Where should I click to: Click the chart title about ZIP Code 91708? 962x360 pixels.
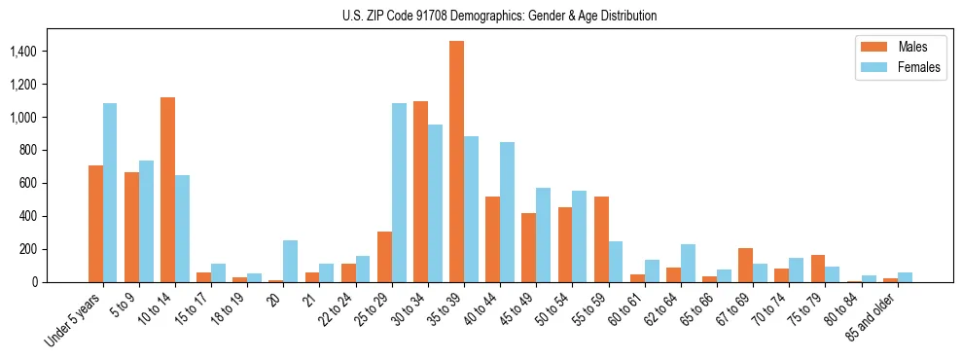point(500,16)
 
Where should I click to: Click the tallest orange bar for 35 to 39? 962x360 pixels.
point(456,162)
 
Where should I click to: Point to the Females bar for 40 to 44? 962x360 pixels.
point(507,212)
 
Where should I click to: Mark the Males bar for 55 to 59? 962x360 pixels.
point(601,239)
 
